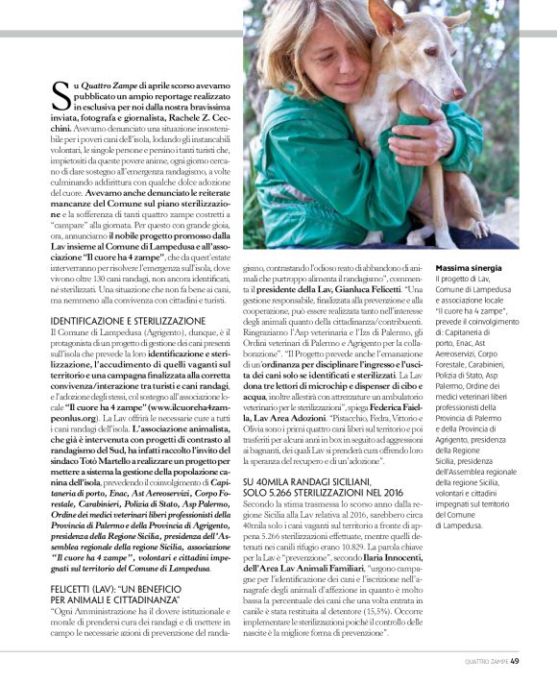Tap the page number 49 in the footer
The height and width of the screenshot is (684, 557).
pos(515,660)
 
